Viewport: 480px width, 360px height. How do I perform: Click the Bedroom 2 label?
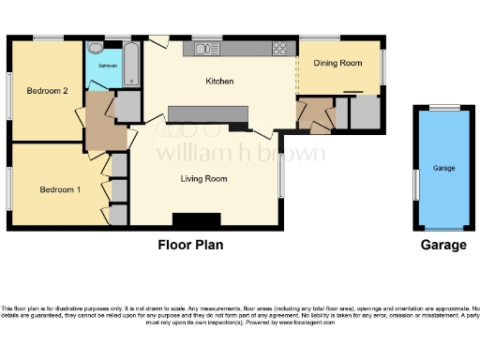click(x=47, y=91)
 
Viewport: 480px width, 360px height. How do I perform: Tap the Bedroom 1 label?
click(x=59, y=189)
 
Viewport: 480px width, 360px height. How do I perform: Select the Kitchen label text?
click(x=219, y=82)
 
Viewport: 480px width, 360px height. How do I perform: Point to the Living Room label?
click(x=203, y=177)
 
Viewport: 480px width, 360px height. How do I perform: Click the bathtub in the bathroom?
click(x=130, y=65)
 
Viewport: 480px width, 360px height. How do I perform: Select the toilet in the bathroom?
click(x=96, y=50)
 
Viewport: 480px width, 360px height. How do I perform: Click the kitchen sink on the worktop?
click(x=204, y=49)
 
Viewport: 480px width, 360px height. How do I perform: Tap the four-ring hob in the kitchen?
click(x=278, y=49)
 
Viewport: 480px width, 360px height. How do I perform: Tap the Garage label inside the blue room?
click(x=443, y=168)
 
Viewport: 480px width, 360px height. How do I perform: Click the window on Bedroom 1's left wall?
click(x=10, y=187)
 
